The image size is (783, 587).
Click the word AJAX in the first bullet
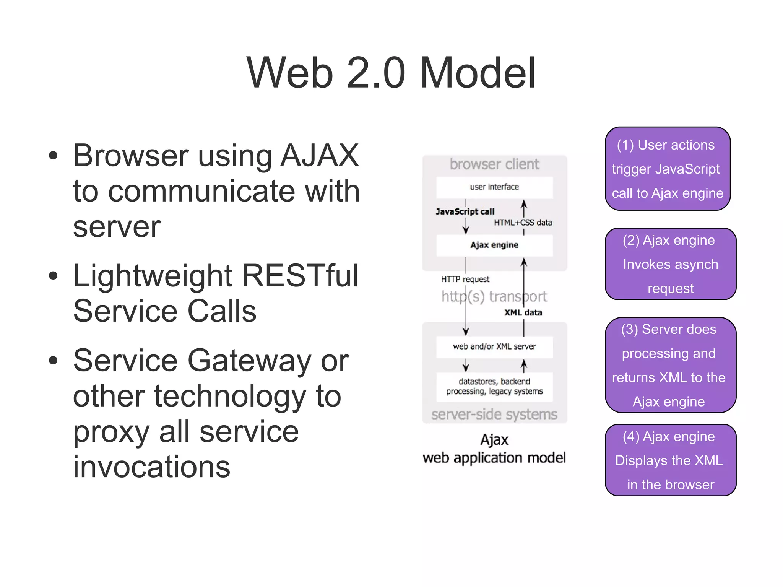[x=320, y=155]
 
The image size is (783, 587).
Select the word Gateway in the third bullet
[x=249, y=360]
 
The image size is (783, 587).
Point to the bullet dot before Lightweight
[x=53, y=275]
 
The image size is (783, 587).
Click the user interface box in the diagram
[x=494, y=187]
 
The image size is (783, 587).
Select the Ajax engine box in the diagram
[x=494, y=245]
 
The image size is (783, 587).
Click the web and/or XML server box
[x=494, y=347]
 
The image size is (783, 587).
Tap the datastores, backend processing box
[x=494, y=386]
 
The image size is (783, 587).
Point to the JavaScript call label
[x=465, y=211]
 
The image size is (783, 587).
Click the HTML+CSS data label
[x=523, y=223]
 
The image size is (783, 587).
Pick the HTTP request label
[x=465, y=279]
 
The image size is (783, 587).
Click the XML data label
[x=523, y=312]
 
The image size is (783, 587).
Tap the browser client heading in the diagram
[x=494, y=164]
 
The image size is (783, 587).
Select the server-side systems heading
[x=494, y=414]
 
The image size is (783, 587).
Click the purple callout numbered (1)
[x=668, y=169]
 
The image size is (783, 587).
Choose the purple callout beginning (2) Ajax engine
[x=671, y=264]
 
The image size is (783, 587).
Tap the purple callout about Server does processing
[x=671, y=365]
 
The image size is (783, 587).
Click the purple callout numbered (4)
[x=671, y=460]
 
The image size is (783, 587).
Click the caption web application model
[x=494, y=458]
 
